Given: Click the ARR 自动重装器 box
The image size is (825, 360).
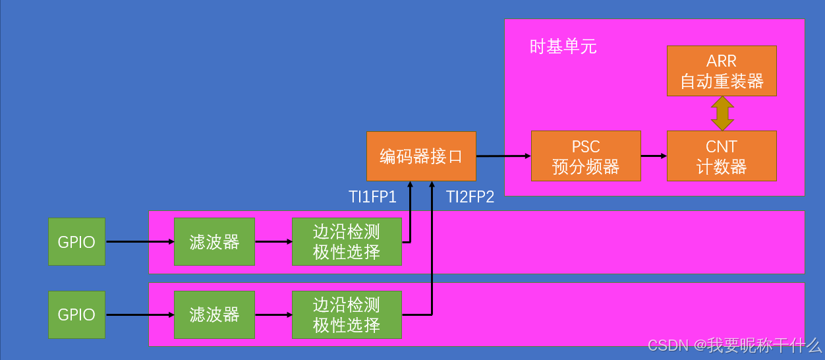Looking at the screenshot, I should pyautogui.click(x=722, y=71).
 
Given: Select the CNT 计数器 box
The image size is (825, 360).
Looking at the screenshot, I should pyautogui.click(x=722, y=156).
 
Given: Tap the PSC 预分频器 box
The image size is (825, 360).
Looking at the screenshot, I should pyautogui.click(x=586, y=156).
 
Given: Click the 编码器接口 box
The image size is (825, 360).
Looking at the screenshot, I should pyautogui.click(x=421, y=156).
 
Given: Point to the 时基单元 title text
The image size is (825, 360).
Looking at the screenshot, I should pyautogui.click(x=563, y=46).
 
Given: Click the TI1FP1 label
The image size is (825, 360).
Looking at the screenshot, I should pyautogui.click(x=372, y=196).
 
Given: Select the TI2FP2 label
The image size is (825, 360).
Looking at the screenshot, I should pyautogui.click(x=470, y=196).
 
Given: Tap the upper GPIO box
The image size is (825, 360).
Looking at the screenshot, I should pyautogui.click(x=76, y=242).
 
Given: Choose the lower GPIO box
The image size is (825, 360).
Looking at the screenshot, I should pyautogui.click(x=76, y=315).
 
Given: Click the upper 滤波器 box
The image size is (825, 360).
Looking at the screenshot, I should pyautogui.click(x=214, y=242).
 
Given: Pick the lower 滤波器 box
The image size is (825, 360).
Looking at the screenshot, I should pyautogui.click(x=214, y=315).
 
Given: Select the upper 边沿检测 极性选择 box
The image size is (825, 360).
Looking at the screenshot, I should pyautogui.click(x=347, y=242).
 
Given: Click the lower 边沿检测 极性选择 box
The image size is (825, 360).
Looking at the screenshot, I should pyautogui.click(x=347, y=315).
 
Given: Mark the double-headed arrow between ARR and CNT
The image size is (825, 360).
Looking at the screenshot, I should pyautogui.click(x=722, y=113).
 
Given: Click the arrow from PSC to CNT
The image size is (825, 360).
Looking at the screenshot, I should pyautogui.click(x=654, y=156).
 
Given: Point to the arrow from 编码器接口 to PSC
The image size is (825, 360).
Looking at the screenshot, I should pyautogui.click(x=503, y=156).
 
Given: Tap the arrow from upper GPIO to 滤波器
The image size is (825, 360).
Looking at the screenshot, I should pyautogui.click(x=139, y=242).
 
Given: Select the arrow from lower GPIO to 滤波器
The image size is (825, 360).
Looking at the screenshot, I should pyautogui.click(x=139, y=315).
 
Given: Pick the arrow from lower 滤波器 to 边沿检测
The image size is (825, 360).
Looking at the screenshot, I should pyautogui.click(x=273, y=315).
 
